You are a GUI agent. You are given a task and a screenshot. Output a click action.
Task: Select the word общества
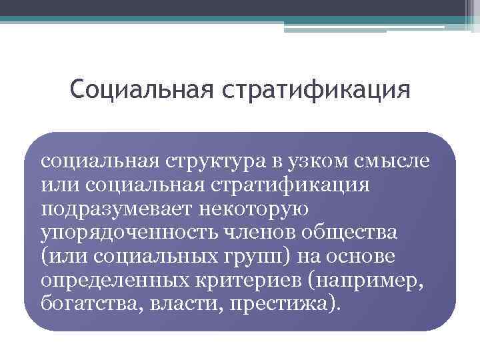tap(350, 233)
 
